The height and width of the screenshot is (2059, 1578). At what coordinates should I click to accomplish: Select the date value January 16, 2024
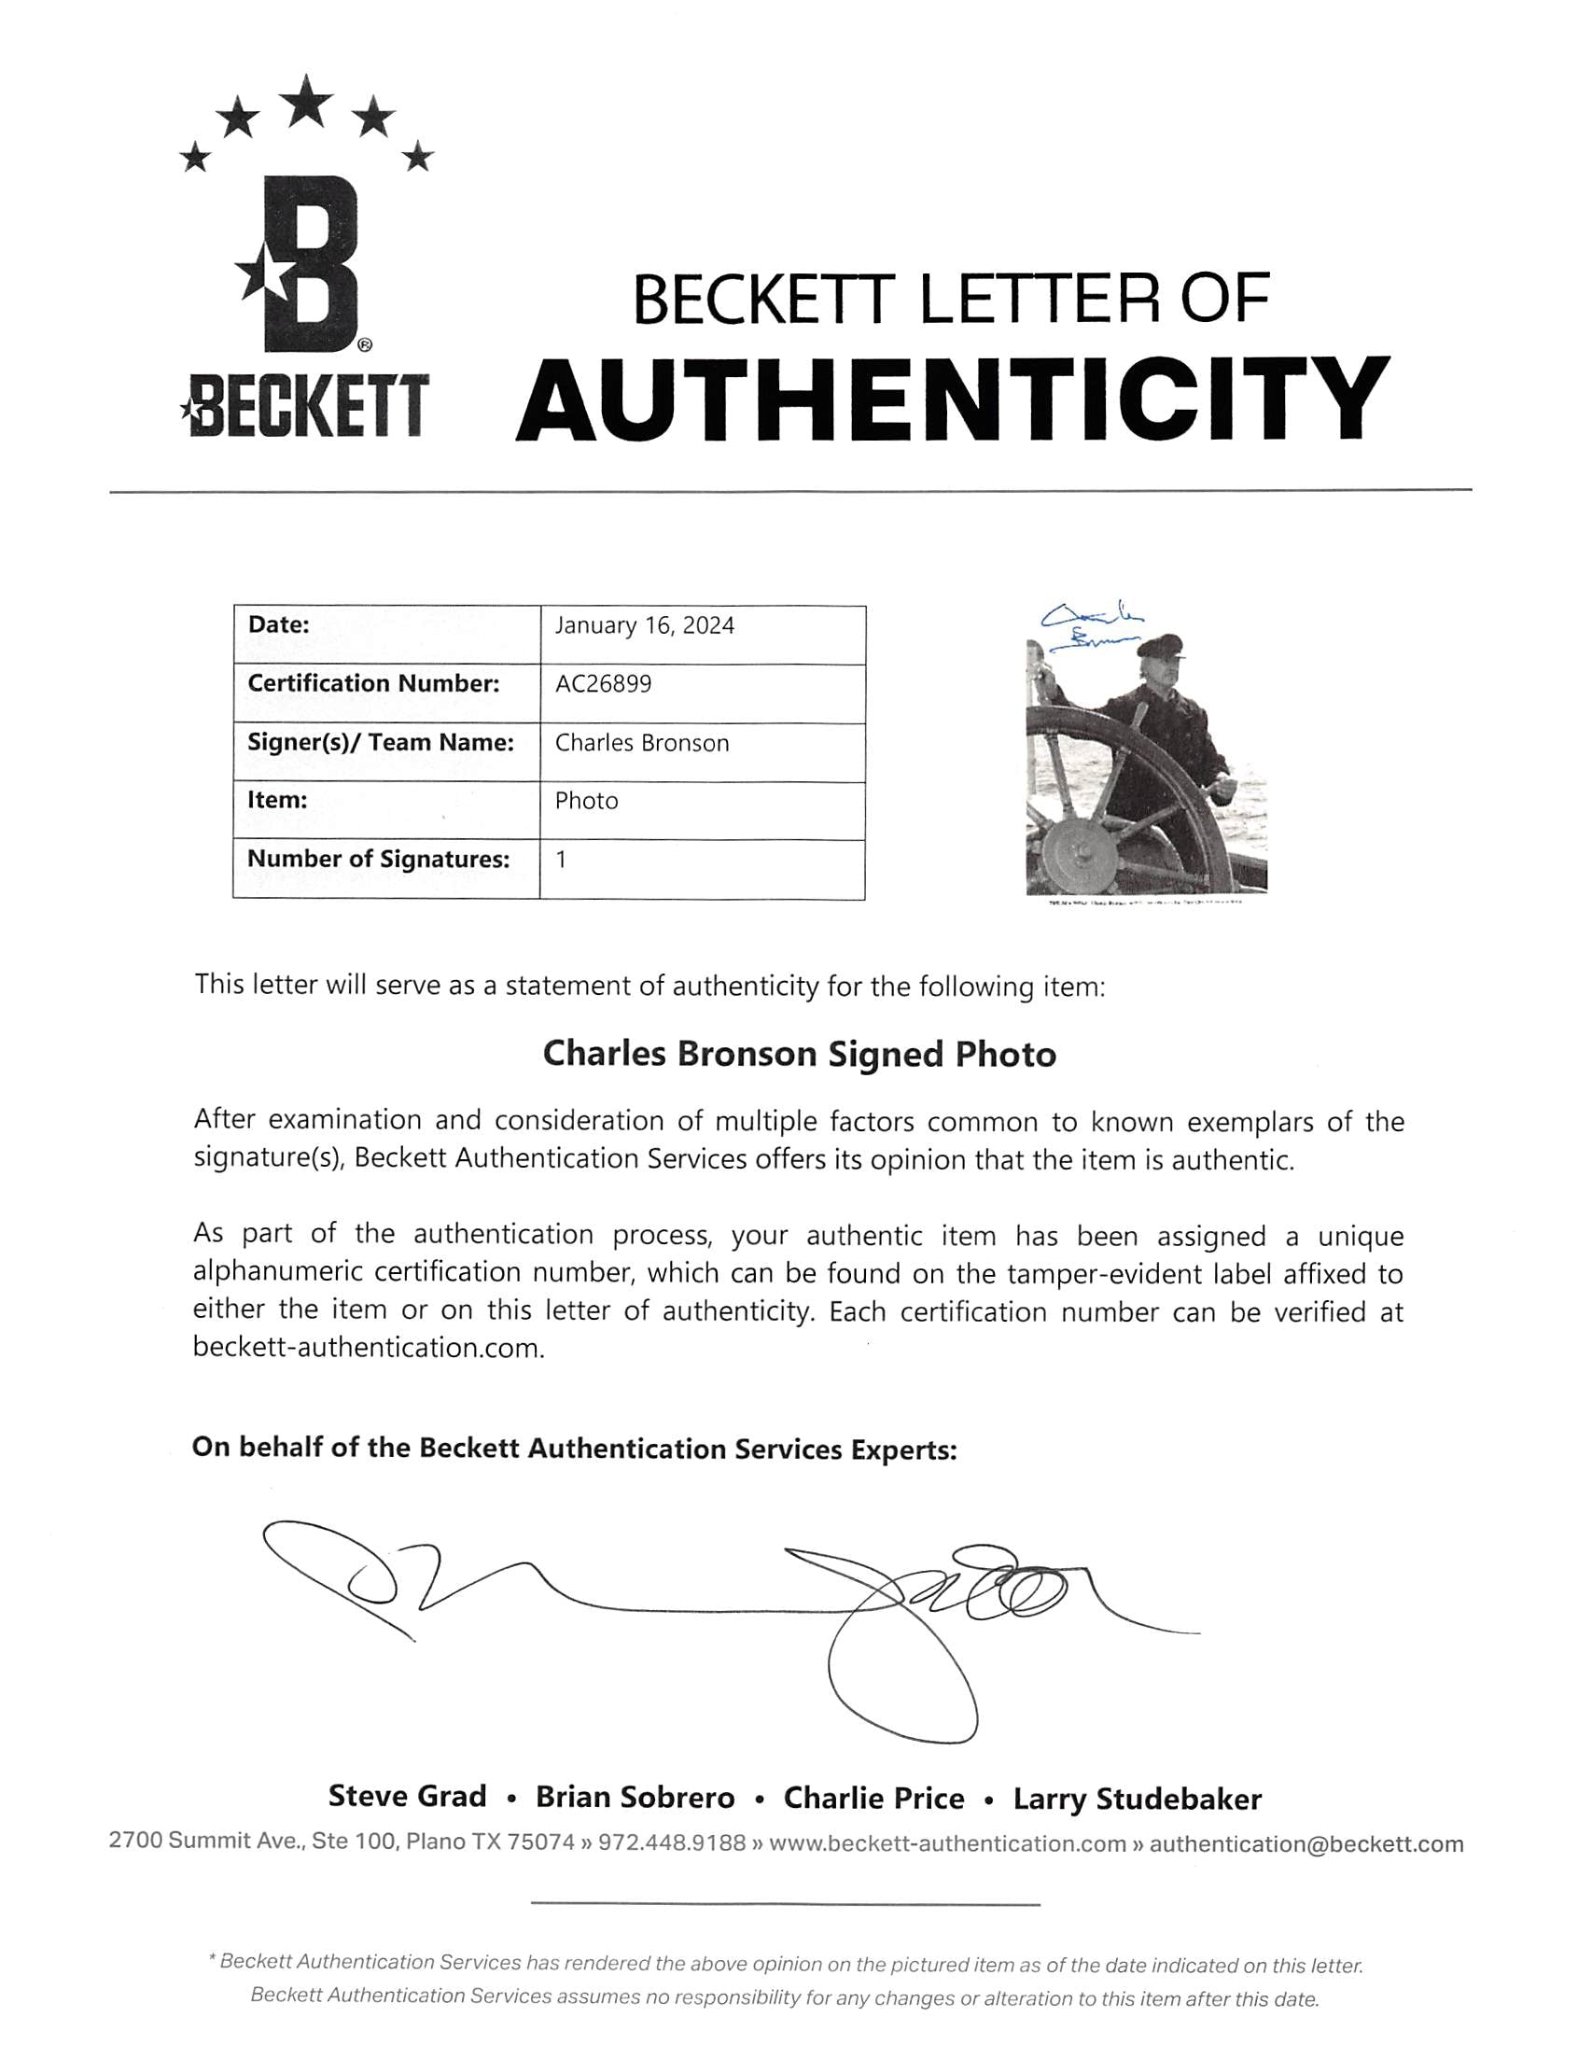click(644, 626)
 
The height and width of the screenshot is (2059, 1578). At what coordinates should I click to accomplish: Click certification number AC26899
click(603, 684)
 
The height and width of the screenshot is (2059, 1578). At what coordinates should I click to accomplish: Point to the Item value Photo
click(586, 801)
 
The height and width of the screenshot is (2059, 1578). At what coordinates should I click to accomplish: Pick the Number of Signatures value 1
click(561, 860)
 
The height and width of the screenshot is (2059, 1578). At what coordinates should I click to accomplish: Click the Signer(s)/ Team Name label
click(381, 743)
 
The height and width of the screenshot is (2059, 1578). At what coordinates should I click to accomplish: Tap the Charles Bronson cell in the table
click(641, 743)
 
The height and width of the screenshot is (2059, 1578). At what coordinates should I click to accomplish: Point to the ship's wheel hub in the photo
click(1080, 851)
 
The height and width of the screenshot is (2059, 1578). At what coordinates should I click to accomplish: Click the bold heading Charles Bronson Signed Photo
click(800, 1054)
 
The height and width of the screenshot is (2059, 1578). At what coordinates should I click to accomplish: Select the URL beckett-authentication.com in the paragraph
click(369, 1349)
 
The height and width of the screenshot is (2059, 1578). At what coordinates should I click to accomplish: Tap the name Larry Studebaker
click(1137, 1799)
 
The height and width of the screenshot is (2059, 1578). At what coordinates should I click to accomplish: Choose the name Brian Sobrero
click(635, 1798)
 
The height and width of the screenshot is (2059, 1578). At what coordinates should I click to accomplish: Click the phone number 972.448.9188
click(672, 1843)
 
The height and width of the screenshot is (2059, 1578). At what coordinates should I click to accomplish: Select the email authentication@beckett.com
click(1306, 1844)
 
